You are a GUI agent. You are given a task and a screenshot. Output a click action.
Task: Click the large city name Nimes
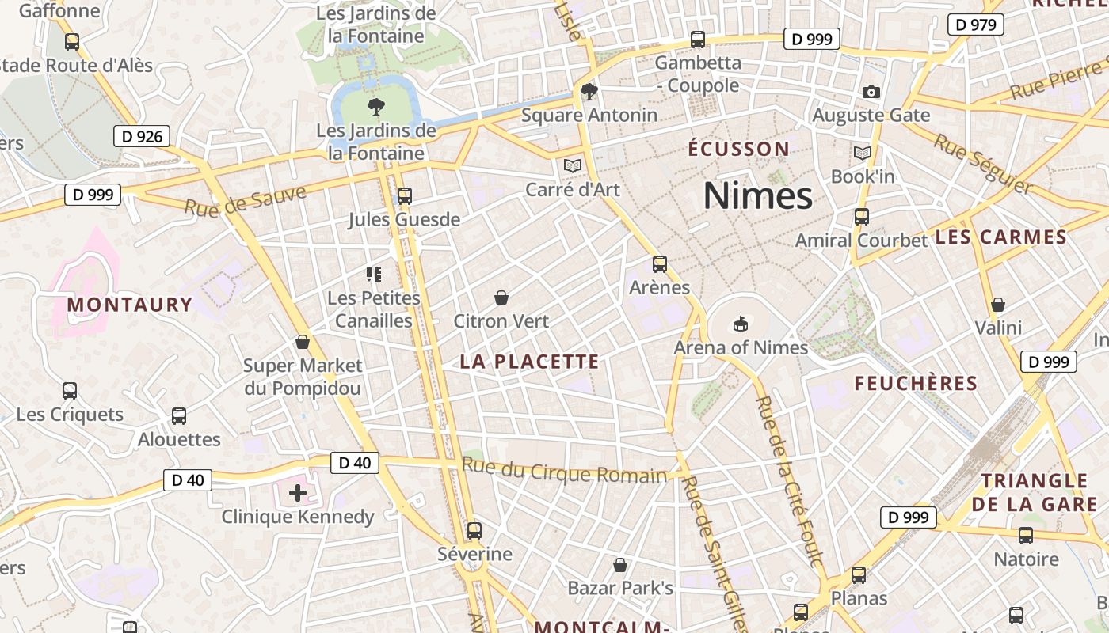tap(758, 195)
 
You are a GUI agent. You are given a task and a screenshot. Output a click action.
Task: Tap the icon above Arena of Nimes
tap(740, 323)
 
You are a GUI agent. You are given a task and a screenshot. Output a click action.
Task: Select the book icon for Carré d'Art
tap(572, 165)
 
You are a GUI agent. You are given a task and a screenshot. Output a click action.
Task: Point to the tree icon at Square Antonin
tap(589, 92)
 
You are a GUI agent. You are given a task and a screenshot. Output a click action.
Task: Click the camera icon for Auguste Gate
tap(871, 92)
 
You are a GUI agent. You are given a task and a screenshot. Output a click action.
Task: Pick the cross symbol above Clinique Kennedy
tap(298, 493)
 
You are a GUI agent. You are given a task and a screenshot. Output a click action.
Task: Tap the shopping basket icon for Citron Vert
tap(501, 298)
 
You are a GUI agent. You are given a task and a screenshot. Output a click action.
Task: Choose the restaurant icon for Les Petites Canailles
tap(374, 275)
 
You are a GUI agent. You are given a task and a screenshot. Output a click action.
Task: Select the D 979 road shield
tap(976, 25)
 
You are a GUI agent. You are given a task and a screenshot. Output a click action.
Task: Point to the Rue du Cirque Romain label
tap(564, 471)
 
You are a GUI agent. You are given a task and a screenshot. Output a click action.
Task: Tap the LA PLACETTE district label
tap(529, 362)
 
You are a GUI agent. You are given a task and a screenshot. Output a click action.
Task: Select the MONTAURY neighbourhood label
tap(130, 305)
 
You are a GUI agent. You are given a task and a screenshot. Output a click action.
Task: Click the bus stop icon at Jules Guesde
tap(405, 195)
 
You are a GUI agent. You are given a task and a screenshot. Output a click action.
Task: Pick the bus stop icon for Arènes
tap(660, 264)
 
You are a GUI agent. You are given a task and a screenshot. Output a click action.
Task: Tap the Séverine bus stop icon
tap(474, 530)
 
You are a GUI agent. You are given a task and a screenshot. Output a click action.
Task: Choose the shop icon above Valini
tap(998, 305)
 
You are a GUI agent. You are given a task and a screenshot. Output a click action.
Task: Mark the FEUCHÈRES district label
tap(916, 384)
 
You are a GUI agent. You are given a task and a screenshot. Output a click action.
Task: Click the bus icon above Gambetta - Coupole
tap(698, 39)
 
